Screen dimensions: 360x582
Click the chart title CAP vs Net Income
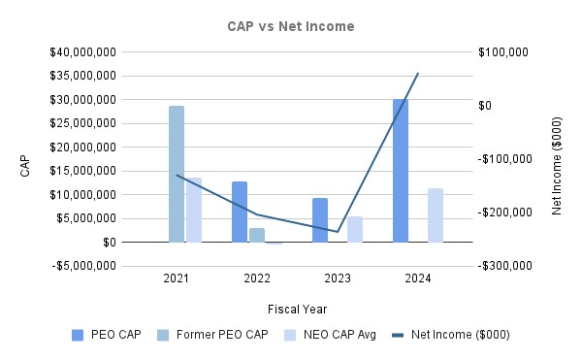click(x=292, y=26)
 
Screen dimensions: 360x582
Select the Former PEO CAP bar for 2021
click(x=177, y=174)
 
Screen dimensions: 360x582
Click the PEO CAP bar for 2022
click(x=240, y=212)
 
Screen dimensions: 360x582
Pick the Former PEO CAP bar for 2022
click(x=257, y=235)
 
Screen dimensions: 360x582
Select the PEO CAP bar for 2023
click(x=320, y=220)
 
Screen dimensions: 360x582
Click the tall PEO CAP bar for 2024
click(x=401, y=170)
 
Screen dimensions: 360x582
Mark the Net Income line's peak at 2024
click(x=418, y=73)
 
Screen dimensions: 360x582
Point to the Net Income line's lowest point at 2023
click(x=338, y=232)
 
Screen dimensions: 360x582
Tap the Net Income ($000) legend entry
click(x=451, y=335)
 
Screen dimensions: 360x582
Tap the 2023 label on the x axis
click(x=338, y=278)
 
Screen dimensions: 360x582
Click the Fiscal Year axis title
click(x=297, y=309)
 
